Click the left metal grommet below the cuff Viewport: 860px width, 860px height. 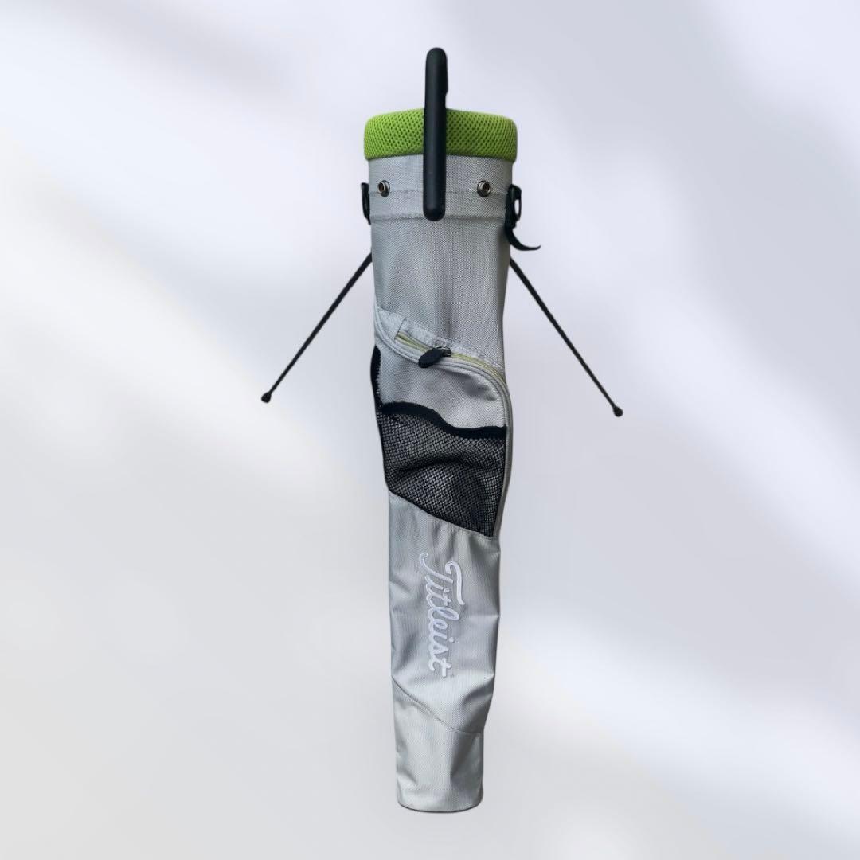[x=382, y=188]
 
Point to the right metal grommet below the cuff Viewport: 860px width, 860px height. [x=483, y=186]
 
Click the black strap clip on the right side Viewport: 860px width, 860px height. [x=521, y=220]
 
